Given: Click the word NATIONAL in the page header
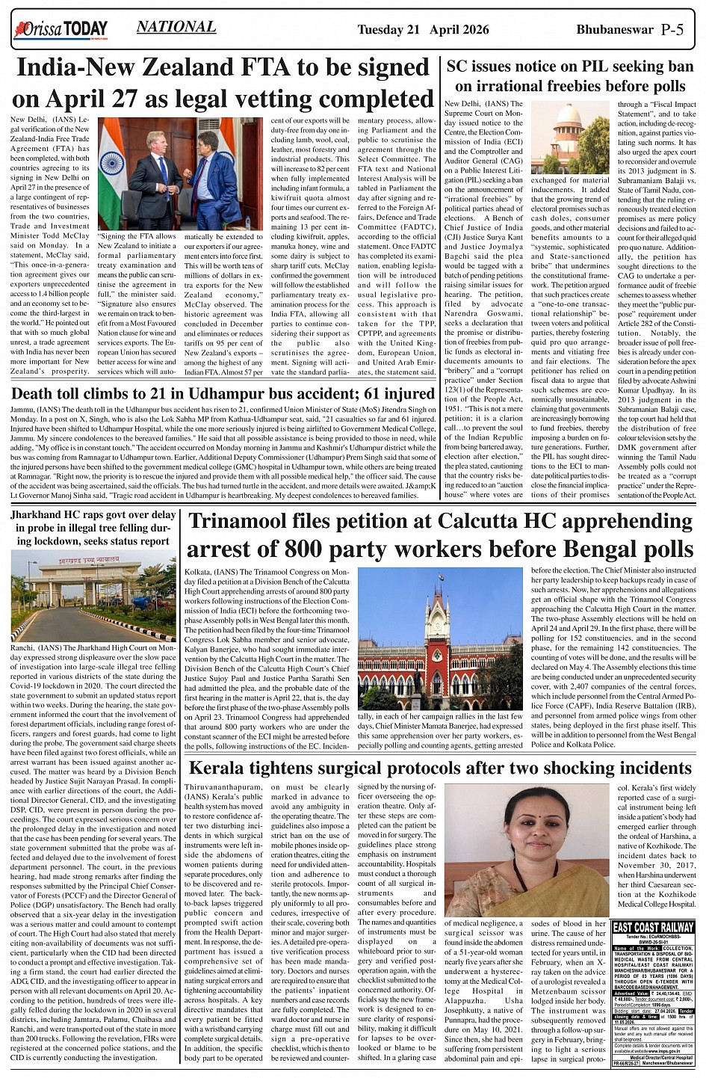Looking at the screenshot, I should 176,28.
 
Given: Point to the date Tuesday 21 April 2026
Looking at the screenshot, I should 423,29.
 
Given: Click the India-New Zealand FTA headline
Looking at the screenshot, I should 223,84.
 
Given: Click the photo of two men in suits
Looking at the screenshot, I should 181,173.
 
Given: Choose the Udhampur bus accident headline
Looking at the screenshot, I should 223,394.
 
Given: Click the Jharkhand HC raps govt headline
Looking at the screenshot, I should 93,528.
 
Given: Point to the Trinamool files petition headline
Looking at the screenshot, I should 441,535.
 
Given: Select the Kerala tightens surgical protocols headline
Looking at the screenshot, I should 440,768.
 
